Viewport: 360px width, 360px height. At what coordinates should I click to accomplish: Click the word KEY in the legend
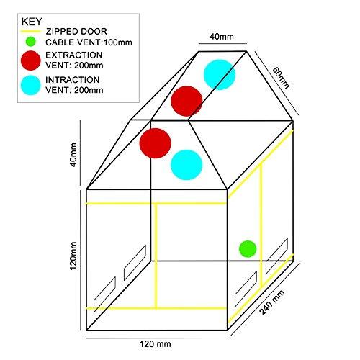click(x=32, y=22)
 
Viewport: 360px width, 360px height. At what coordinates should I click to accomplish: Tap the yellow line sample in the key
click(x=31, y=32)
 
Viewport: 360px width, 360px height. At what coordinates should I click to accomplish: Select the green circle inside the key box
click(x=30, y=42)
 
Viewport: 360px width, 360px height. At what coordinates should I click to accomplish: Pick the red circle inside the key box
click(x=31, y=60)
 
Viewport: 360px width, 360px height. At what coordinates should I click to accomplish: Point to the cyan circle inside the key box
click(x=31, y=85)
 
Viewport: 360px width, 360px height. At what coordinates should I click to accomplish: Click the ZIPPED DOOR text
click(x=76, y=32)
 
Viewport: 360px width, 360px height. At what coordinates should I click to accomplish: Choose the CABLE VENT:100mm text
click(x=89, y=42)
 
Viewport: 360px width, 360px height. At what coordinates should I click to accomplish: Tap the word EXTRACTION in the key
click(x=74, y=55)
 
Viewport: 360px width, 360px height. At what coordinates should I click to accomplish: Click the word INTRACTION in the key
click(x=73, y=80)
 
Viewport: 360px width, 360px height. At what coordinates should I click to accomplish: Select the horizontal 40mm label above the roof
click(x=222, y=37)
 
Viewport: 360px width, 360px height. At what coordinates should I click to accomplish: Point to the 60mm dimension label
click(x=281, y=78)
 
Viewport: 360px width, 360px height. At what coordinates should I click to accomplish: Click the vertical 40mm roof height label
click(x=73, y=155)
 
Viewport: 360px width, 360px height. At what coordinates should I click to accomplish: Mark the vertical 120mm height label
click(x=73, y=256)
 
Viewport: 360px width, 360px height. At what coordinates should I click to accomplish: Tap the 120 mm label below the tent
click(x=156, y=344)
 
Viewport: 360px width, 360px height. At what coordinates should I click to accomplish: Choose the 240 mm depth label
click(x=272, y=302)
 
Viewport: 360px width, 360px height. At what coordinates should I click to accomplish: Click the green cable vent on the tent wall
click(x=248, y=249)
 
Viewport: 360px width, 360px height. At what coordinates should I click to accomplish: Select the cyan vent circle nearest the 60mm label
click(x=220, y=75)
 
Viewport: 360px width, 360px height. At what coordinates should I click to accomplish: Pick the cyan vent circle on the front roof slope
click(x=186, y=165)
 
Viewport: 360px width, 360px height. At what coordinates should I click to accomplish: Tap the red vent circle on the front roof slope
click(x=156, y=143)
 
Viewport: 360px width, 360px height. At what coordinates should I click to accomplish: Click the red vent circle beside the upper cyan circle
click(x=186, y=101)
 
